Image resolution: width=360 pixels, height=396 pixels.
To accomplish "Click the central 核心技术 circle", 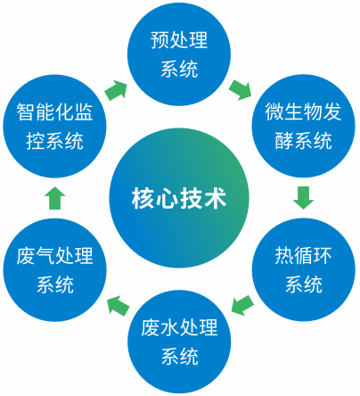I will click(x=179, y=196).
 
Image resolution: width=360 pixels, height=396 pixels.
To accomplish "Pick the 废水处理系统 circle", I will click(x=179, y=342).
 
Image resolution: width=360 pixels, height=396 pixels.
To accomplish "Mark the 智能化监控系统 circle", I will click(x=55, y=125).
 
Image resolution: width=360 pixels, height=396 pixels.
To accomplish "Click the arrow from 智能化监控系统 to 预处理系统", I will click(x=116, y=89).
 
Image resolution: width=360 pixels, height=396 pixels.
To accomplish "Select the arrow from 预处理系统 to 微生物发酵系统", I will click(x=241, y=88).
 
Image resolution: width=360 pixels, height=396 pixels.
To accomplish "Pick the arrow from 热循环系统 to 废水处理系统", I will click(x=241, y=306).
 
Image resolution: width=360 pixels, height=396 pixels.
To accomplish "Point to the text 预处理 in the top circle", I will click(x=179, y=40).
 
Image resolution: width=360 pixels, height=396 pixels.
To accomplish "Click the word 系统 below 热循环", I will click(x=303, y=285).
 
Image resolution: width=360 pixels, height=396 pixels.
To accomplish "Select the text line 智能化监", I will click(x=55, y=111).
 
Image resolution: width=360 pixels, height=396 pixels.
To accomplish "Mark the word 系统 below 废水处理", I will click(x=179, y=357).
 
